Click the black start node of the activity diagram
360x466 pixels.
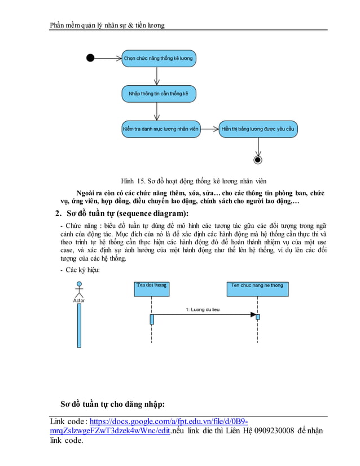click(x=90, y=58)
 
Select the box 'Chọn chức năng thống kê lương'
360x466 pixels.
click(x=159, y=58)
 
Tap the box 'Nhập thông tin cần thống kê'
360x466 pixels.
click(x=159, y=93)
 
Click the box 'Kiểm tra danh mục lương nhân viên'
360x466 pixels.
click(x=161, y=129)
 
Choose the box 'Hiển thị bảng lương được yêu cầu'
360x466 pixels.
click(x=258, y=129)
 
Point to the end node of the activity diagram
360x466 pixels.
click(x=258, y=160)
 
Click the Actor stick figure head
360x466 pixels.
click(x=79, y=284)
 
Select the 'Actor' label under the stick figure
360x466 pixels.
click(x=79, y=301)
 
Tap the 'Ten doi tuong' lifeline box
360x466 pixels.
click(x=152, y=285)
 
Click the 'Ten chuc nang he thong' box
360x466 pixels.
click(x=257, y=285)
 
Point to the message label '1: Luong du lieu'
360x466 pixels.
click(x=203, y=310)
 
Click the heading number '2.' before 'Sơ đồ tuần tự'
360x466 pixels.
click(x=58, y=213)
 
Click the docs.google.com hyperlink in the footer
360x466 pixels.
click(x=169, y=421)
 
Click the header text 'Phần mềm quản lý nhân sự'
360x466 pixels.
click(x=90, y=25)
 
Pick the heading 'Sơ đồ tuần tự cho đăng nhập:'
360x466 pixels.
click(x=112, y=404)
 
